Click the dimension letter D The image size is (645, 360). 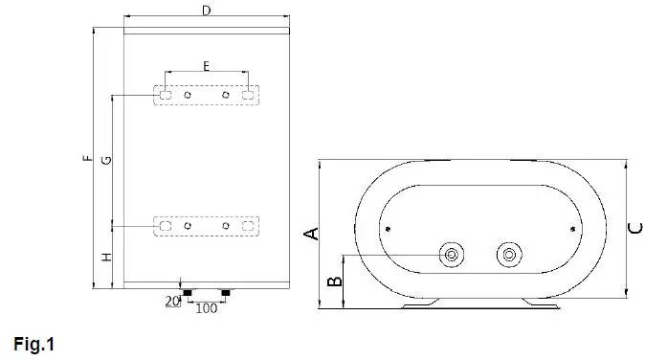coord(205,10)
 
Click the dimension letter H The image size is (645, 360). coord(106,257)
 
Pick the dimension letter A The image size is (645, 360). coord(309,234)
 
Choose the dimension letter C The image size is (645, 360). coord(635,227)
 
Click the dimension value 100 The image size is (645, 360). coord(206,308)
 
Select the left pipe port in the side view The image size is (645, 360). coord(451,255)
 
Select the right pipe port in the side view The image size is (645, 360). coord(508,255)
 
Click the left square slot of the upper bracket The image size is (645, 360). coord(166,95)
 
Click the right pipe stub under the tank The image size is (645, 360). coord(226,291)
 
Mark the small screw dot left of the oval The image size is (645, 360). coord(387,228)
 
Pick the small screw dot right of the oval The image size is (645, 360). coord(572,228)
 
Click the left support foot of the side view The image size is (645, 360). coord(421,304)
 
